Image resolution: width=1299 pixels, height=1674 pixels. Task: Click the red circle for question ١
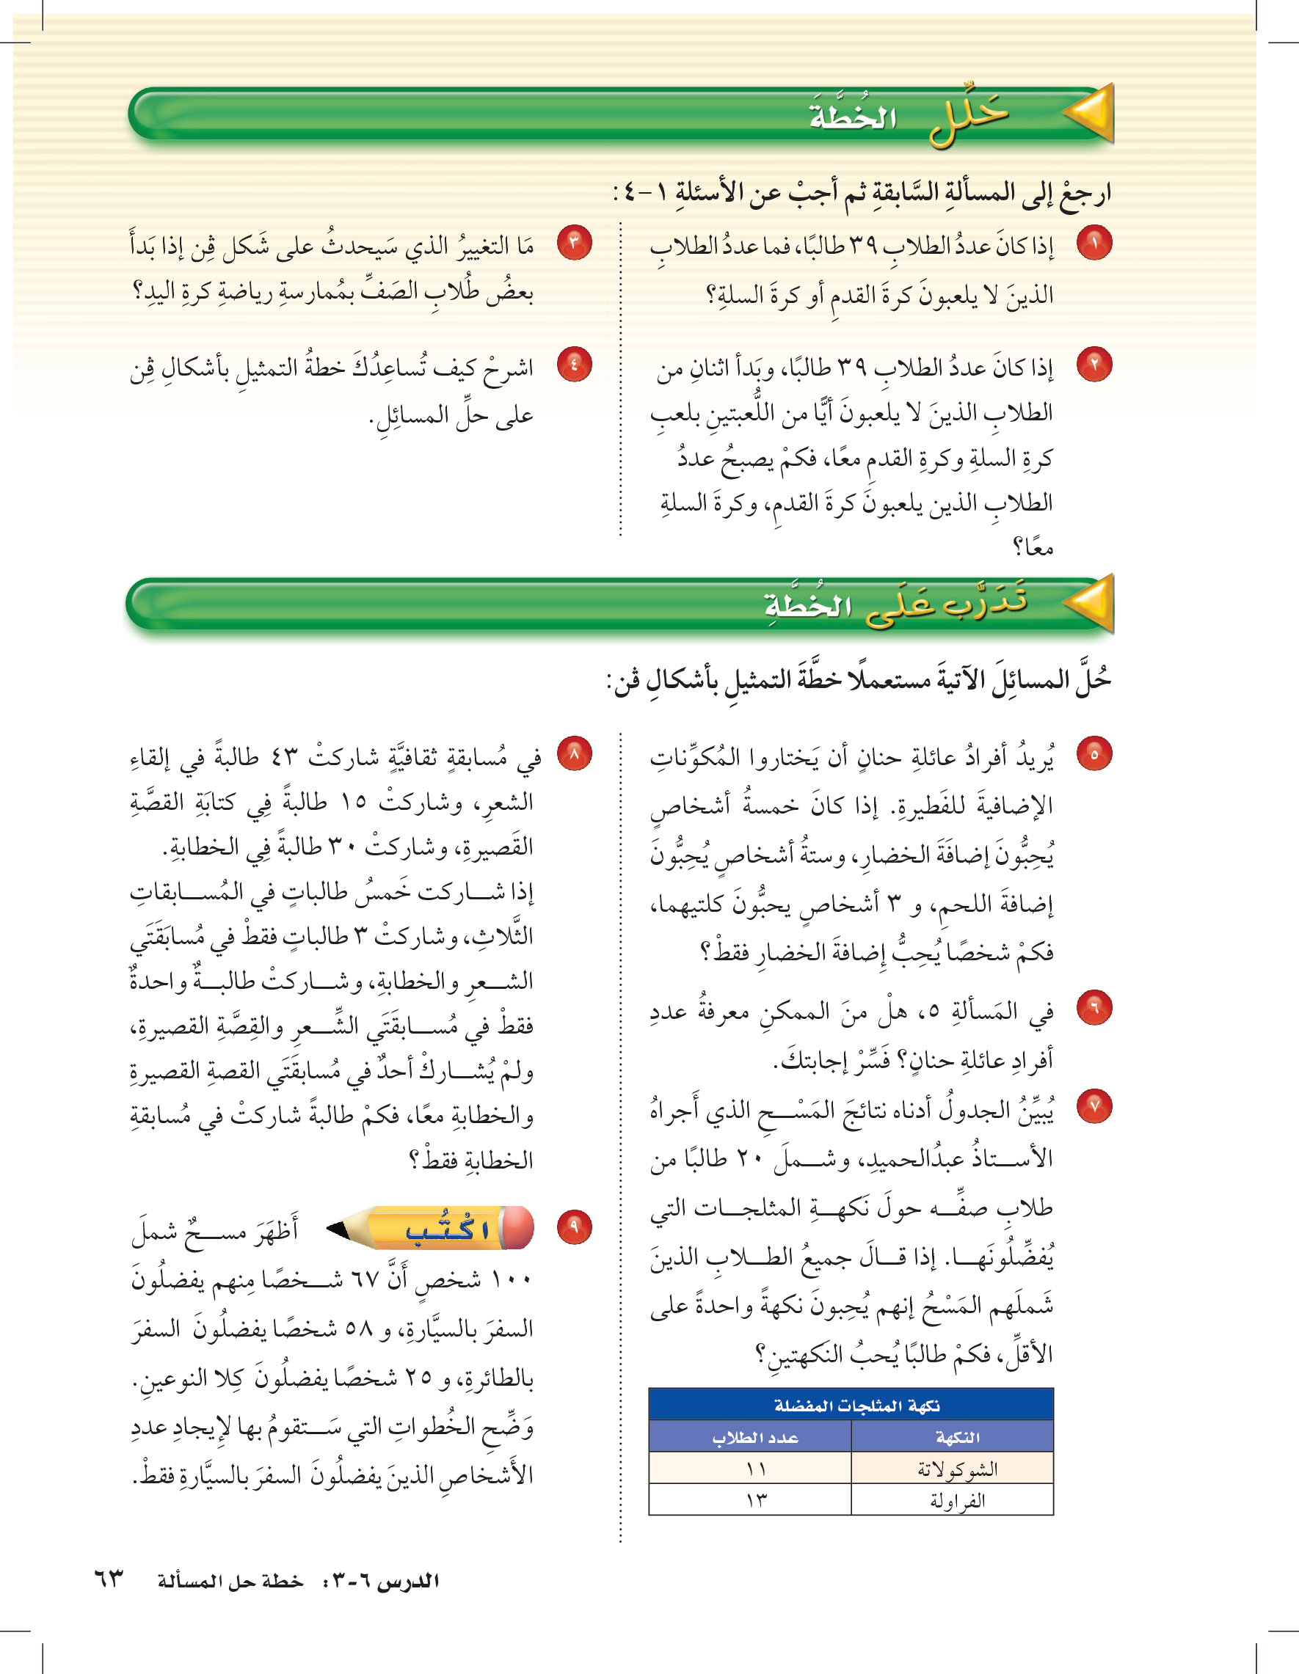tap(1094, 244)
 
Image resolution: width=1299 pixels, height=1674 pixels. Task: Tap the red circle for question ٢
tap(1094, 364)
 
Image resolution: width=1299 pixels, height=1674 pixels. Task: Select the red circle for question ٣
tap(575, 244)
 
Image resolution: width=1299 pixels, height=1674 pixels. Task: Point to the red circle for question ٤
tap(575, 364)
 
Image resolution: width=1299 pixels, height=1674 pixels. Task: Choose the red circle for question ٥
tap(1094, 754)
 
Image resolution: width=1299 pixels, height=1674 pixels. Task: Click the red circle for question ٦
tap(1094, 1008)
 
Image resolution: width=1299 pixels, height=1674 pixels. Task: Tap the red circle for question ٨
tap(575, 754)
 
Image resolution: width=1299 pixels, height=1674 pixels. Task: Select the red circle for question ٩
tap(575, 1227)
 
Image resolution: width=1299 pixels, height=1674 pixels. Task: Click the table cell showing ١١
tap(755, 1469)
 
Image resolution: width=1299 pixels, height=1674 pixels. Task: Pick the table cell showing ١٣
tap(755, 1500)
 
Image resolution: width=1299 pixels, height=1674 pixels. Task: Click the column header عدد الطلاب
tap(755, 1437)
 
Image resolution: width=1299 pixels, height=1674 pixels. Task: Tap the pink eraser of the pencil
tap(517, 1228)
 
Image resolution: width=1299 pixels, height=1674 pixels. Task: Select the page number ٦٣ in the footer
tap(109, 1579)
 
